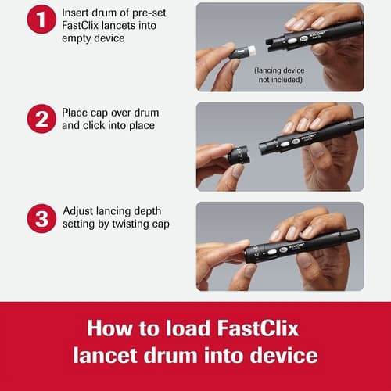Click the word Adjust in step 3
81,212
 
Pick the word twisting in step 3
122,224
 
